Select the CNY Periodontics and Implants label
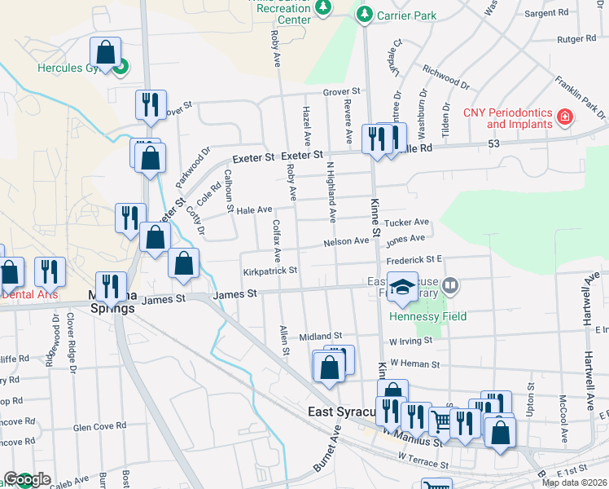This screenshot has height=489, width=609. pos(507,119)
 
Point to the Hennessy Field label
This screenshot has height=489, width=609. pos(427,316)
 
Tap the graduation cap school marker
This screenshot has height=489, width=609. pos(402,287)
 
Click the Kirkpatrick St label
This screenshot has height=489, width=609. pos(269,271)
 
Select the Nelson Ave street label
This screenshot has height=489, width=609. pos(346,241)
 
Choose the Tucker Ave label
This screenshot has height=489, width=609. pos(406,222)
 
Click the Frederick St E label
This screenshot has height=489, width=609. pos(414,259)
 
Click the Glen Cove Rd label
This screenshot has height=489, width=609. pos(99,426)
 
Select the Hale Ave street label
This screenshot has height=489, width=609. pos(254,210)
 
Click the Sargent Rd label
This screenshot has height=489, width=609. pos(545,14)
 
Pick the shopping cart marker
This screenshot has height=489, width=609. pos(442,421)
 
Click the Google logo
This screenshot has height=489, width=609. pos(26,480)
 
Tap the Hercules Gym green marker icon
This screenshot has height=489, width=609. pos(120,67)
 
